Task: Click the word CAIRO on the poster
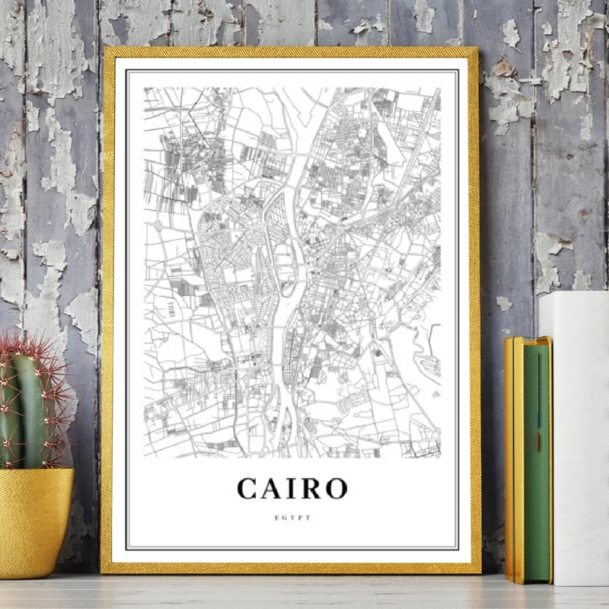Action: coord(292,488)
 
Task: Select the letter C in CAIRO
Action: coord(249,488)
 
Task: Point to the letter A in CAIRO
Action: coord(275,488)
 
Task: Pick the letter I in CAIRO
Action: coord(294,488)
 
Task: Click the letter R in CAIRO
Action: coord(311,488)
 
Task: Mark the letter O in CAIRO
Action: coord(336,488)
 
